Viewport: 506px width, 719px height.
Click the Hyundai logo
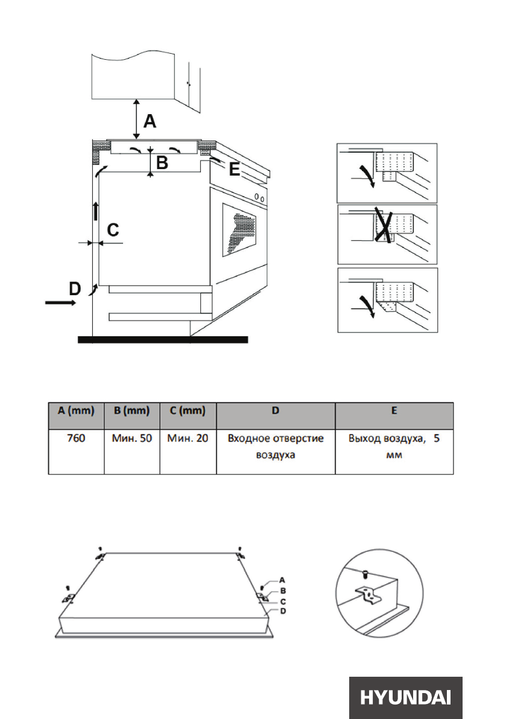pos(405,698)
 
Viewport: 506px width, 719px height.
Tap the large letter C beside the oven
pos(113,229)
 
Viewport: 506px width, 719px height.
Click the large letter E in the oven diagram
pos(234,170)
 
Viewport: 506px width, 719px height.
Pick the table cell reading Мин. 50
pos(131,439)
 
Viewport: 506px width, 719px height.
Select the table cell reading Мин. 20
pos(188,439)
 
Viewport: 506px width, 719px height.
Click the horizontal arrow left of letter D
pos(61,303)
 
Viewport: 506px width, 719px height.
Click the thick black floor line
pos(163,340)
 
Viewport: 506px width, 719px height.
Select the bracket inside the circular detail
pos(369,596)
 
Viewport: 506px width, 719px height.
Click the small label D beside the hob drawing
pos(282,611)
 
